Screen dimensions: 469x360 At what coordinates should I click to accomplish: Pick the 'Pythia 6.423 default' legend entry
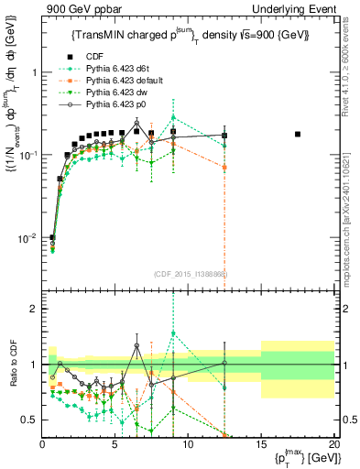[121, 80]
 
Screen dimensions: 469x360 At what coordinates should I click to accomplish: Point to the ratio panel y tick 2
[34, 309]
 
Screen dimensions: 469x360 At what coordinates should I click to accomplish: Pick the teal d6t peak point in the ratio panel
[173, 333]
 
